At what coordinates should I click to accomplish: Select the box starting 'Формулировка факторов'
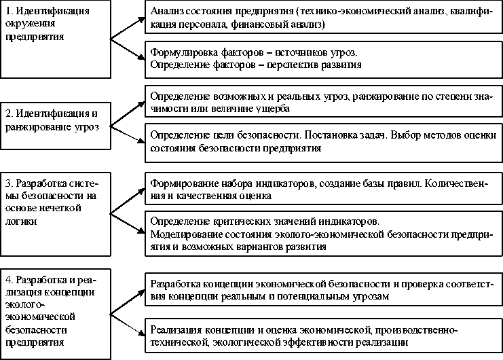pos(322,58)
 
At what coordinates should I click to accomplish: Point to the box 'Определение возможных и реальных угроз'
pos(322,103)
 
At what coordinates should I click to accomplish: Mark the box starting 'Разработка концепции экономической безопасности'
pos(322,290)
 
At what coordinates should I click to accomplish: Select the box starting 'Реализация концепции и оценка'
pos(322,336)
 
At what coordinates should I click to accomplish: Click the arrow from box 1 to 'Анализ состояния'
pos(128,29)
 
